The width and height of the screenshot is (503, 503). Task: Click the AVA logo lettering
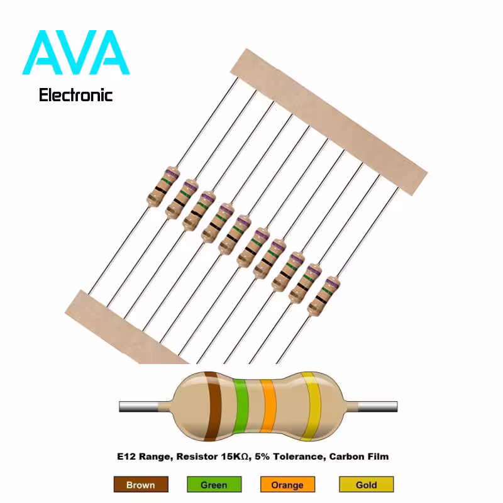tap(75, 53)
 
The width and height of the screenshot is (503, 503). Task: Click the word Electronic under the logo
tap(75, 96)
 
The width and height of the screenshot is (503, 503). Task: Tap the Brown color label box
tap(141, 484)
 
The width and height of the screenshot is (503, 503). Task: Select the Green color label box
tap(214, 484)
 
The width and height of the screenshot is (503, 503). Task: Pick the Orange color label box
tap(287, 484)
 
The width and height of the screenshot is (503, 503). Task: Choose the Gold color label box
tap(367, 484)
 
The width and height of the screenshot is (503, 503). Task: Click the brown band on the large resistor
tap(213, 406)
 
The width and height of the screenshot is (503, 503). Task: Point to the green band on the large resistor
tap(241, 406)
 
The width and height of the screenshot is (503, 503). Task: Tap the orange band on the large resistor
tap(268, 406)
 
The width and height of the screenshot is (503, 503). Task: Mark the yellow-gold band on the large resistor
tap(311, 406)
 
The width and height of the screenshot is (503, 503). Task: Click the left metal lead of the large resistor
tap(138, 406)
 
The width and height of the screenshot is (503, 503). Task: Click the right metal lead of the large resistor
tap(378, 406)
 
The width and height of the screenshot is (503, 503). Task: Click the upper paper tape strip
tap(329, 121)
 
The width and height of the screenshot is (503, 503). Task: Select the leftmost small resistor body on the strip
tap(163, 187)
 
